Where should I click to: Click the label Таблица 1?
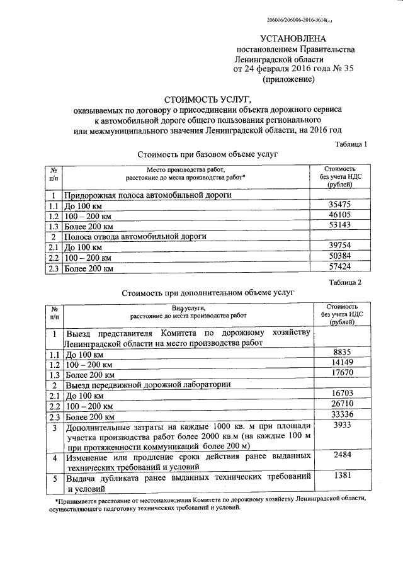tap(350, 144)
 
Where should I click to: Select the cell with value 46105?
tap(340, 215)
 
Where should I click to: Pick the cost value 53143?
tap(340, 225)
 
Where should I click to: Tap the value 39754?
tap(340, 247)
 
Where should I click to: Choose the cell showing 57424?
tap(340, 268)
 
